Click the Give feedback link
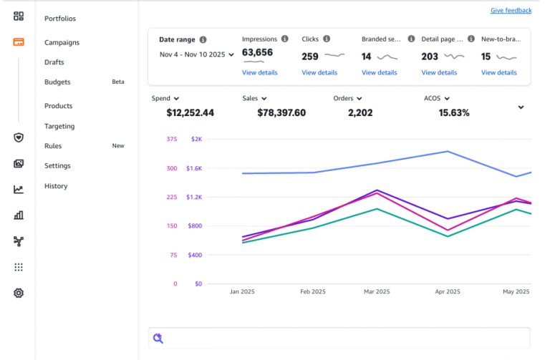coord(511,11)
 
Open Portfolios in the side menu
coord(60,19)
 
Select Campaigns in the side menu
coord(62,42)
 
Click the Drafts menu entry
coord(54,62)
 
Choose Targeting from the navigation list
coord(59,126)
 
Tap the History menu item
coord(56,186)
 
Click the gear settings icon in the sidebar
coord(19,293)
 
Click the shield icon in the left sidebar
coord(19,137)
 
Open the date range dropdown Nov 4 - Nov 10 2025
coord(196,54)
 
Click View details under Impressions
coord(259,72)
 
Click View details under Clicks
coord(319,72)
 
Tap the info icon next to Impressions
coord(285,39)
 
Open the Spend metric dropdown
coord(165,99)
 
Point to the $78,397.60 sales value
coord(281,113)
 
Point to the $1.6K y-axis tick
coord(194,168)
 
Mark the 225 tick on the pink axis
coord(171,197)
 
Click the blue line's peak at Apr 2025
coord(448,151)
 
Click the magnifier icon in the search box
coord(158,339)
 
